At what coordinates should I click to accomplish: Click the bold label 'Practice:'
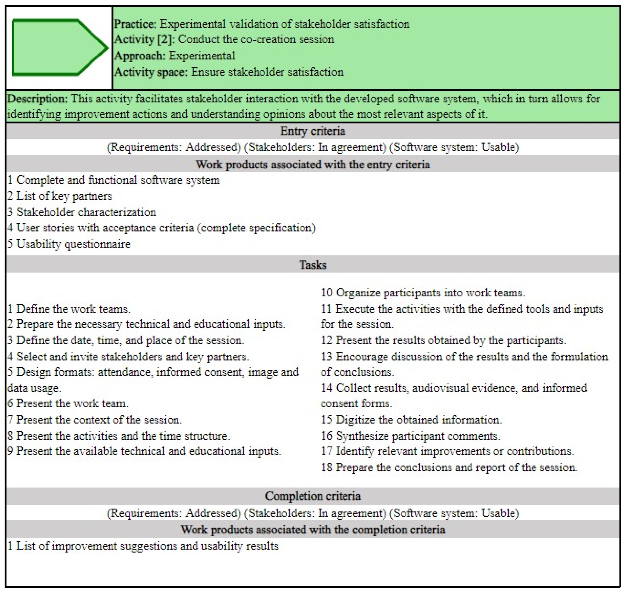[135, 24]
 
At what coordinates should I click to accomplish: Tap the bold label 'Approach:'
[139, 56]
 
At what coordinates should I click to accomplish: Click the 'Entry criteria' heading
[313, 131]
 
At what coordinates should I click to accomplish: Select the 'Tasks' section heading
[313, 264]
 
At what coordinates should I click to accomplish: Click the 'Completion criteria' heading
[313, 496]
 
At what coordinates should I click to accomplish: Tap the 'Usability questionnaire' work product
[69, 244]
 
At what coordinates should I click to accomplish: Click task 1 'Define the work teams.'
[69, 308]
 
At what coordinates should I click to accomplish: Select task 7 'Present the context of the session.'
[95, 420]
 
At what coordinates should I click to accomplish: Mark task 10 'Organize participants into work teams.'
[423, 292]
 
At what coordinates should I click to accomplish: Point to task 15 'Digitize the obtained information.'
[412, 420]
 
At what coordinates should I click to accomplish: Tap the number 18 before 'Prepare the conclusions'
[327, 467]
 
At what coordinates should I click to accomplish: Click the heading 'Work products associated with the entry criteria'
[313, 164]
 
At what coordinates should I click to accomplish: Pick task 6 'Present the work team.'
[68, 403]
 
